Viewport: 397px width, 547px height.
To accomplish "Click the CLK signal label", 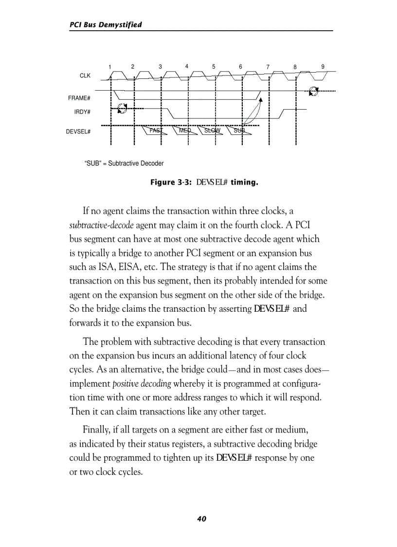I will point(85,76).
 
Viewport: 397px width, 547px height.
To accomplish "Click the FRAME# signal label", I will point(79,98).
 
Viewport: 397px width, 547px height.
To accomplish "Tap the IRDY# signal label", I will point(82,112).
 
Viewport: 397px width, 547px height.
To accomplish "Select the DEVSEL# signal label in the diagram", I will point(78,132).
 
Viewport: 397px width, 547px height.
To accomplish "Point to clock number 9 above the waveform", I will point(323,66).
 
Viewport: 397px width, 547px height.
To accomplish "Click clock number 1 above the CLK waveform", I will point(110,67).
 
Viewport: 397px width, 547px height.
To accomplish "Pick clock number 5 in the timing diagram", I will point(214,66).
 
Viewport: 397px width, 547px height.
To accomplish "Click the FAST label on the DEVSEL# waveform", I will point(156,131).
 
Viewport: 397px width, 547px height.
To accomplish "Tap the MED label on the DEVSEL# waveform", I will point(185,131).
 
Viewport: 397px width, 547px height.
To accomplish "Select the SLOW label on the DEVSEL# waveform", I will point(212,131).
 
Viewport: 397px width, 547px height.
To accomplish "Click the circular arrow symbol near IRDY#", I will point(123,108).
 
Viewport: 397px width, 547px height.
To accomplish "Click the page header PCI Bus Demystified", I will point(106,24).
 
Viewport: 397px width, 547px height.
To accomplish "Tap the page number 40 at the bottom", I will point(201,519).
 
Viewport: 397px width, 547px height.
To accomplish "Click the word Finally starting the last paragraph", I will point(97,431).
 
